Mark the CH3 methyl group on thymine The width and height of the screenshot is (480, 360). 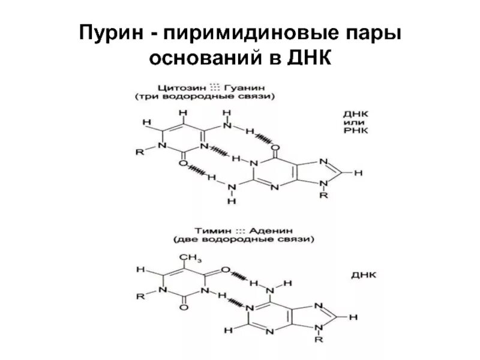pyautogui.click(x=191, y=258)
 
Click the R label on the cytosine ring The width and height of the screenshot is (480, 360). pyautogui.click(x=140, y=152)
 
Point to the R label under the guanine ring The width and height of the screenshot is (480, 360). pyautogui.click(x=325, y=196)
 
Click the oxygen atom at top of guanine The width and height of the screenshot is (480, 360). pyautogui.click(x=275, y=147)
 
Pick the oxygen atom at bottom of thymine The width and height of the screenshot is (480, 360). pyautogui.click(x=184, y=307)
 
